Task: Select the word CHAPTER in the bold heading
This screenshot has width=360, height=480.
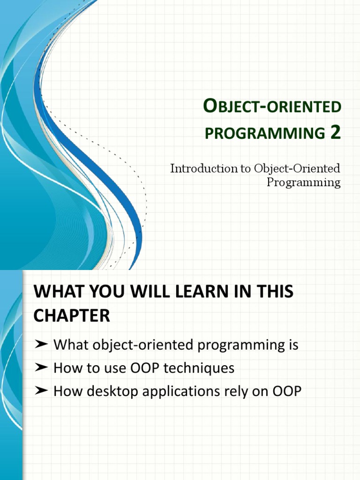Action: tap(71, 315)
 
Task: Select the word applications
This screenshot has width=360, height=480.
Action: tap(187, 391)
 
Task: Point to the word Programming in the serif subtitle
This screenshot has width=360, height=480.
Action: tap(303, 182)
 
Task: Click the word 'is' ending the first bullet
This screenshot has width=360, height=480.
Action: tap(293, 345)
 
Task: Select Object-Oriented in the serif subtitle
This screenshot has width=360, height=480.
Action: tap(297, 168)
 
